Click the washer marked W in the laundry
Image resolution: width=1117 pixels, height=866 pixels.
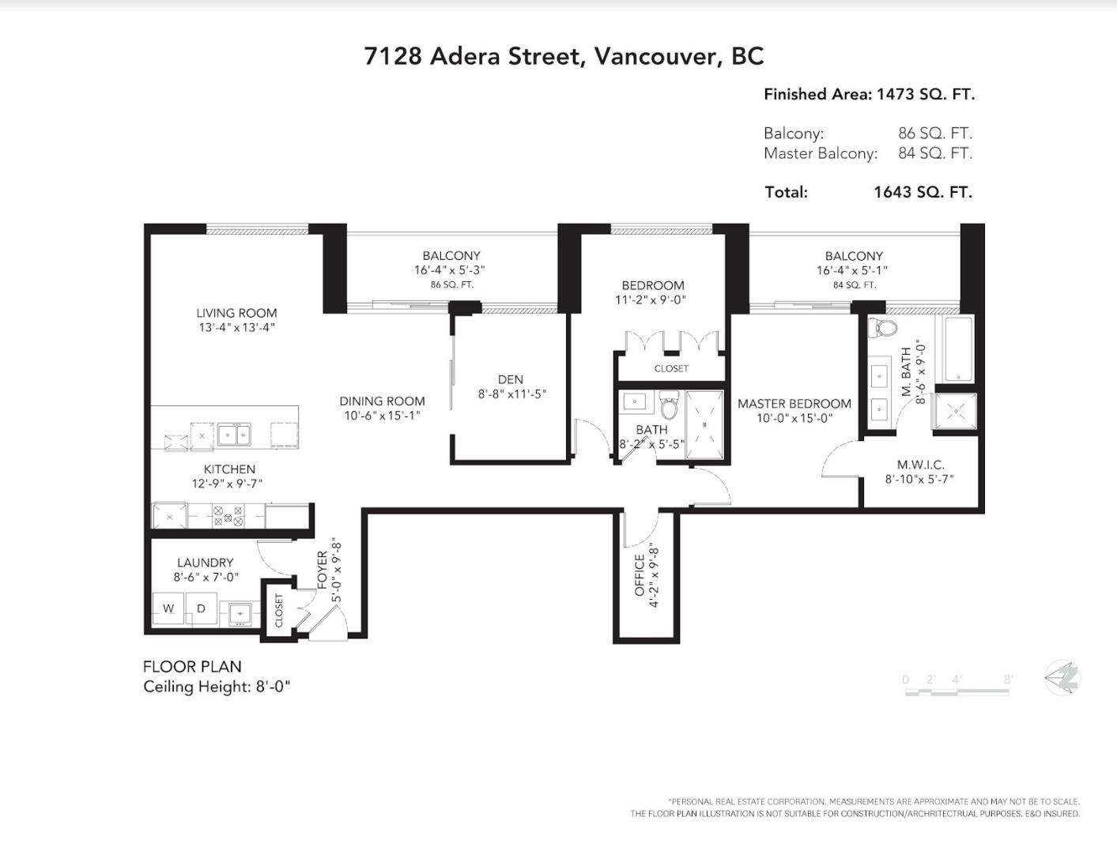tap(169, 608)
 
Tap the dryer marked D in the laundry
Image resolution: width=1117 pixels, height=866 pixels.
tap(201, 608)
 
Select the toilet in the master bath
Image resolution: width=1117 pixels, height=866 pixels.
tap(882, 327)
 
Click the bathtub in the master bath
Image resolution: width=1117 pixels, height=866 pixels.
tap(958, 348)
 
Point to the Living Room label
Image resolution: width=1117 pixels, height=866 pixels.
tap(236, 313)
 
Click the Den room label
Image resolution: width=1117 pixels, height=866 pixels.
tap(511, 379)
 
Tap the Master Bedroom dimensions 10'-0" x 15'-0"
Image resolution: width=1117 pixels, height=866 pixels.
tap(794, 418)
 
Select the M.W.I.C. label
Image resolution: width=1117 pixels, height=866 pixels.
tap(920, 465)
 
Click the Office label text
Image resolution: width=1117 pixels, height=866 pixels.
tap(640, 575)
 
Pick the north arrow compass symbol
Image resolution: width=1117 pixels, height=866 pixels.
tap(1062, 678)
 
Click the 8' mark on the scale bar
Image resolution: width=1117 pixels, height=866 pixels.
tap(1009, 680)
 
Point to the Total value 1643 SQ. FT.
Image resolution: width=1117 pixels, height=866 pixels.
tap(923, 192)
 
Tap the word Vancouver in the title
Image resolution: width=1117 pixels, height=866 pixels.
tap(655, 56)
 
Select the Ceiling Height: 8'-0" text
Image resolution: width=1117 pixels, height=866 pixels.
tap(217, 686)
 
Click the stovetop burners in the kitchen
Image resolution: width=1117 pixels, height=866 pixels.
tap(228, 515)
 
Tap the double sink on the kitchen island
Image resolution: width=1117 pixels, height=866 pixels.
tap(234, 435)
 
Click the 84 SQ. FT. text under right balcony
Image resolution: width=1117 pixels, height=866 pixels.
tap(854, 285)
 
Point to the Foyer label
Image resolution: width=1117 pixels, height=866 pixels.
tap(322, 570)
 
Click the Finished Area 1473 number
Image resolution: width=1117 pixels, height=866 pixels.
tap(896, 95)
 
